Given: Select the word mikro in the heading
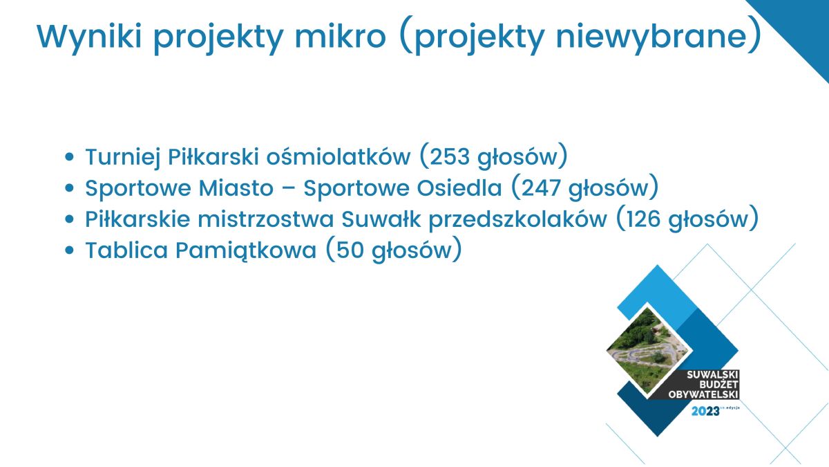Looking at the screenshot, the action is click(x=341, y=36).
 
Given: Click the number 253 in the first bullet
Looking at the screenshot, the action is click(x=450, y=157).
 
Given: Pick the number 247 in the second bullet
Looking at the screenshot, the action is click(x=541, y=188).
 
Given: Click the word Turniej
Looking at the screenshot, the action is click(x=123, y=158).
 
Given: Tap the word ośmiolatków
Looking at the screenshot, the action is click(x=339, y=157).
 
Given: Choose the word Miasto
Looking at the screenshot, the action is click(x=236, y=188).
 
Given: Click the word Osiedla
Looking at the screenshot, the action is click(x=459, y=188).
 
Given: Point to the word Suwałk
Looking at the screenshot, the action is click(x=381, y=219).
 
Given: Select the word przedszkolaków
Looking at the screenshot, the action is click(x=518, y=220).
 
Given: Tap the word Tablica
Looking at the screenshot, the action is click(x=126, y=250).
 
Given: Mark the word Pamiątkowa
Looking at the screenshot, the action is click(x=246, y=251).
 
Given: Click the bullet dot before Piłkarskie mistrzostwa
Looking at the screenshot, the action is click(x=69, y=219).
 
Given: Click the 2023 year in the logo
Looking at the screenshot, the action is click(x=705, y=411).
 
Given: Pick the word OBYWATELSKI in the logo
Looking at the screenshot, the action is click(x=703, y=394).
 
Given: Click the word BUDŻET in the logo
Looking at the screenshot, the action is click(x=718, y=385).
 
